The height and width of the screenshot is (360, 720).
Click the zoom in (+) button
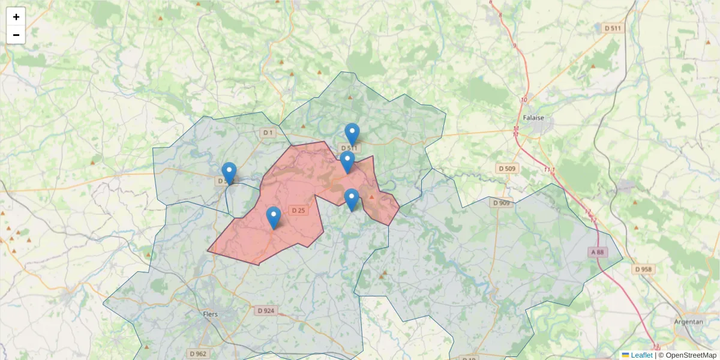point(16,17)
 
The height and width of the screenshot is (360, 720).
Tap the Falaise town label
point(533,118)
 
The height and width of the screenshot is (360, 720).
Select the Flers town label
point(211,314)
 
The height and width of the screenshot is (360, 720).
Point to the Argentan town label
point(688,322)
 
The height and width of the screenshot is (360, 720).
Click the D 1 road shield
point(268,132)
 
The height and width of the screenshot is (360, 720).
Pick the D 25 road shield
point(298,210)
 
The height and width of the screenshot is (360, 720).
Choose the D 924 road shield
point(265,311)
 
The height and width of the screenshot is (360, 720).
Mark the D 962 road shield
point(197,353)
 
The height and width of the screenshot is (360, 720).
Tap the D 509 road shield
point(506,169)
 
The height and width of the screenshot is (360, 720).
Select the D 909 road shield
point(502,203)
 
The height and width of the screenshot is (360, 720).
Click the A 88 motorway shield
point(598,253)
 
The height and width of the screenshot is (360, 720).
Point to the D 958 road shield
point(643,269)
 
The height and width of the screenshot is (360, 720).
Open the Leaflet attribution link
point(641,355)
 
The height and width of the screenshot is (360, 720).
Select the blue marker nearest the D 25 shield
point(273,217)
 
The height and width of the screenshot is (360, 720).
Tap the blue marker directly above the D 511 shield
point(352,133)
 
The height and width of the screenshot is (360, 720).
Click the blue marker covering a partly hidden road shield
point(229,173)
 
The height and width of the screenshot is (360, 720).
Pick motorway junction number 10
point(524,100)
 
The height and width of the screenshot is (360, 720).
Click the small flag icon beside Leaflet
point(625,355)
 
